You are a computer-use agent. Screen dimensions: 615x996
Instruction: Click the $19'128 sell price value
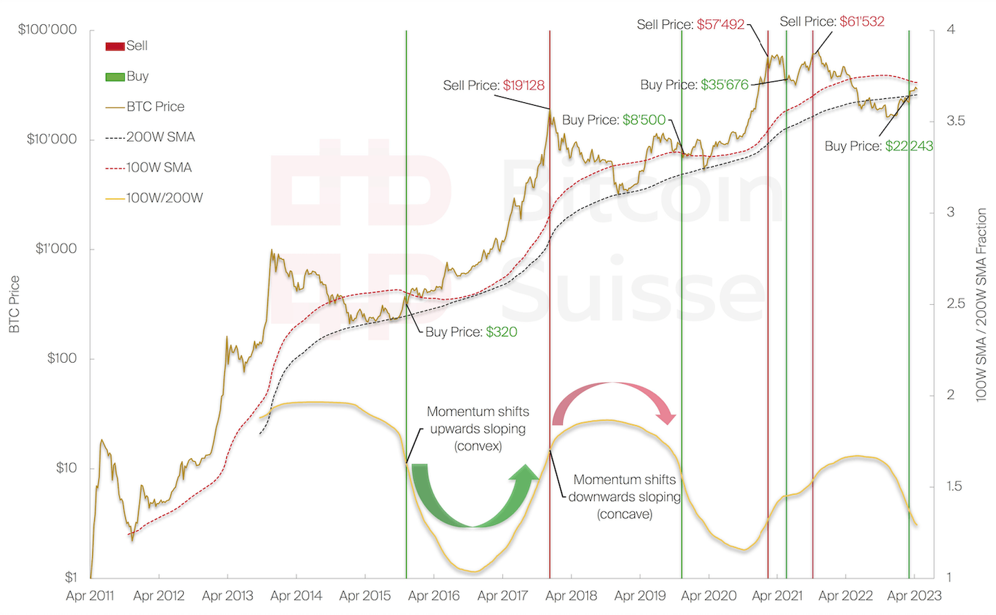tap(524, 86)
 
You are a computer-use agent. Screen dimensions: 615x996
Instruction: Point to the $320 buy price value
tap(501, 332)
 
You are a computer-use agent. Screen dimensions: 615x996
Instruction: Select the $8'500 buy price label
tap(644, 120)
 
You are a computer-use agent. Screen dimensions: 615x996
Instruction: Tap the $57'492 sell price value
tap(720, 25)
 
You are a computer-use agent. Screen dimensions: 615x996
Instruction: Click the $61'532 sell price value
tap(862, 21)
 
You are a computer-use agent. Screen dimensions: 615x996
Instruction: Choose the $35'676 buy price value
tap(724, 85)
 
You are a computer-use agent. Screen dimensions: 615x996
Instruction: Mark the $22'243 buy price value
tap(909, 146)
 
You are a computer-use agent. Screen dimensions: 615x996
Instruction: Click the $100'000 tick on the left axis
tap(48, 30)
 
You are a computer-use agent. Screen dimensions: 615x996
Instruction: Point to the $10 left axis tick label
tap(66, 468)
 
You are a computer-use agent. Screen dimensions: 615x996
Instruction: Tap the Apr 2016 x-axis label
tap(434, 596)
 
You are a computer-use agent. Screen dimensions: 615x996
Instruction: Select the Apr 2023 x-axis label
tap(914, 596)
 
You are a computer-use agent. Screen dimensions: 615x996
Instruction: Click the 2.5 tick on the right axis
tap(956, 303)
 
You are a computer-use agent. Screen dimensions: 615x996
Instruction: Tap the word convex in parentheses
tap(478, 446)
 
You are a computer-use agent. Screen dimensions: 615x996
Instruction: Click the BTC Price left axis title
tap(15, 304)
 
